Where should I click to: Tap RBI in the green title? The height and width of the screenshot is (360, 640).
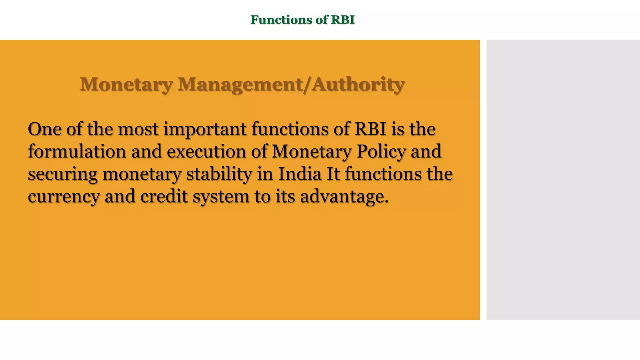pyautogui.click(x=343, y=20)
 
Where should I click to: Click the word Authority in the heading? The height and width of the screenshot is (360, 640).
pyautogui.click(x=358, y=85)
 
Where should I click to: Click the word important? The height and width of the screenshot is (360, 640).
pyautogui.click(x=205, y=130)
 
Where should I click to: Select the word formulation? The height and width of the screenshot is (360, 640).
pyautogui.click(x=77, y=152)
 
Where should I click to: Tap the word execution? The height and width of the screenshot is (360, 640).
pyautogui.click(x=206, y=152)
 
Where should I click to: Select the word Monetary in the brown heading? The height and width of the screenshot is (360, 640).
pyautogui.click(x=126, y=85)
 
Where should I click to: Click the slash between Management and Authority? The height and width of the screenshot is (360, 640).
pyautogui.click(x=307, y=85)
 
